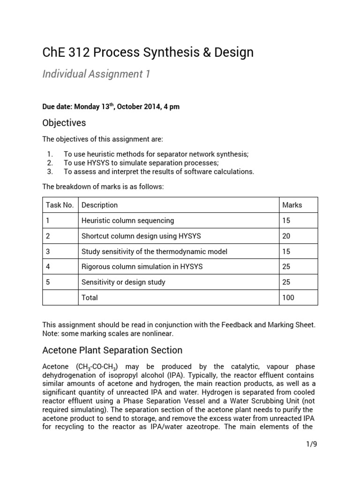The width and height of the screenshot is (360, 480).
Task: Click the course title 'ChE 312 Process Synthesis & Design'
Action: click(148, 52)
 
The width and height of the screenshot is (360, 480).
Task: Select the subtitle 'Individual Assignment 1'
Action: click(96, 74)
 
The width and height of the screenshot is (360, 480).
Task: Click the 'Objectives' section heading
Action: click(64, 123)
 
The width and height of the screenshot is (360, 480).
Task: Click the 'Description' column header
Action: click(99, 205)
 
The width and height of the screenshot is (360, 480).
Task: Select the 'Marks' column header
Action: click(292, 205)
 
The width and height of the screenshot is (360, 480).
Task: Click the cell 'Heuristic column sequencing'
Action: click(127, 220)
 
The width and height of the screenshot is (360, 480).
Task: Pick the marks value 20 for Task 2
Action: click(286, 236)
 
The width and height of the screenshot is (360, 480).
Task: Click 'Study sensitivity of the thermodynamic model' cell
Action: click(154, 251)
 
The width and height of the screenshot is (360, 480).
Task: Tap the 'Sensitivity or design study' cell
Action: click(123, 282)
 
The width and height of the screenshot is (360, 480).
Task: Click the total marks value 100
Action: click(288, 297)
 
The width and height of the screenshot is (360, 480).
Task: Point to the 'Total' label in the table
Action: click(90, 297)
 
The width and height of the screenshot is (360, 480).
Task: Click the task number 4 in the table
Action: click(48, 267)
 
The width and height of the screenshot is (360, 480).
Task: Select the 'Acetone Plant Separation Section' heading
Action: click(112, 350)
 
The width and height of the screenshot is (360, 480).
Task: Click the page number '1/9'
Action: click(311, 444)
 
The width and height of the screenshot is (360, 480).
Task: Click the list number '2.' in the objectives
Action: click(51, 163)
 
